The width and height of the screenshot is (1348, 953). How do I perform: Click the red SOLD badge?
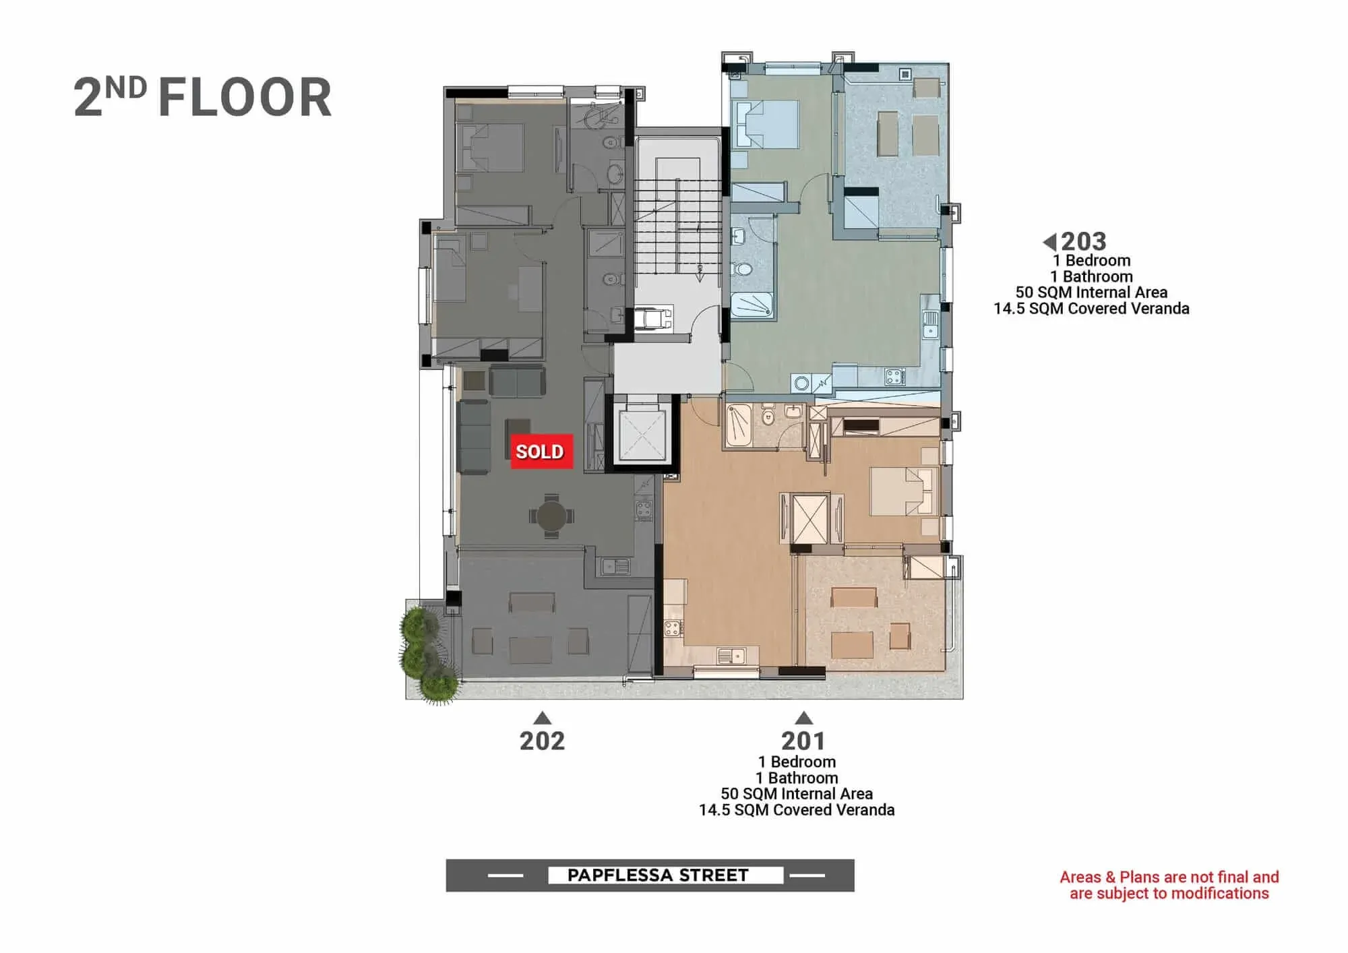542,451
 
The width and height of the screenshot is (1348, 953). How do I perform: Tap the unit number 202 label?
542,741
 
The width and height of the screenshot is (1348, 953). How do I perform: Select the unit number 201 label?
803,741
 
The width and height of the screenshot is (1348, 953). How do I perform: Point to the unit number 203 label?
1084,241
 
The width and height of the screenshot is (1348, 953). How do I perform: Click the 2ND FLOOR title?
202,98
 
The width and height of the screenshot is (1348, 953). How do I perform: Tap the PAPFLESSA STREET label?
658,875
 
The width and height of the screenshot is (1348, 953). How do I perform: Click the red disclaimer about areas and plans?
1169,885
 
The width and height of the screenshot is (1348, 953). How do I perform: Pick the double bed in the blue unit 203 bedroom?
766,124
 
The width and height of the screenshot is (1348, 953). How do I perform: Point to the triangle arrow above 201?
803,717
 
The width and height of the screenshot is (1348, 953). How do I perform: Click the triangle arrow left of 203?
1049,241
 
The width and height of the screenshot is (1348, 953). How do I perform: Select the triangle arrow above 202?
542,717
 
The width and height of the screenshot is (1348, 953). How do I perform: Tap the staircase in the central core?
678,225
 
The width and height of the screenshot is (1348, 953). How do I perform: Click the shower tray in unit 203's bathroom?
752,307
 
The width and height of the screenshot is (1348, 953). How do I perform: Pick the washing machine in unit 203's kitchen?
801,383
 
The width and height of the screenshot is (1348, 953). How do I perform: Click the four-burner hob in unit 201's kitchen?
673,629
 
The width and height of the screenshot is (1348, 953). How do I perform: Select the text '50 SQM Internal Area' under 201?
797,794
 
